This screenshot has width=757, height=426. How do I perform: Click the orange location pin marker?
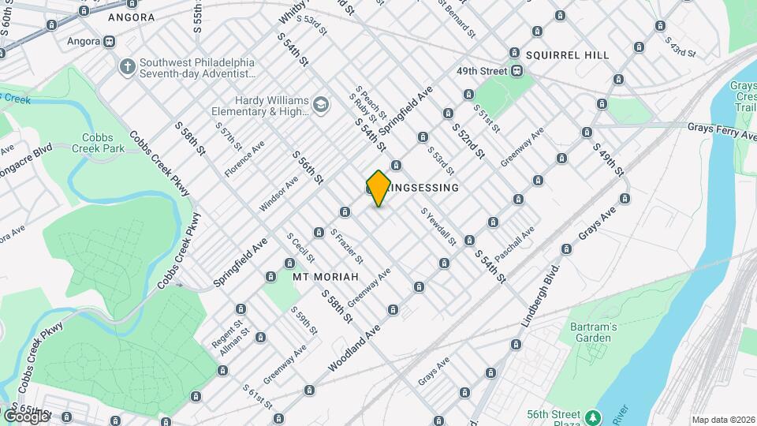click(378, 188)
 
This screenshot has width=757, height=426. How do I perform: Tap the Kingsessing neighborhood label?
click(422, 188)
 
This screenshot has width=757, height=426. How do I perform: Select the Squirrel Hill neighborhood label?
click(567, 55)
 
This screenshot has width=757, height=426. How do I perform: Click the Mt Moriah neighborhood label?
click(326, 277)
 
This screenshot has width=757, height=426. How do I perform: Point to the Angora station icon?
click(109, 41)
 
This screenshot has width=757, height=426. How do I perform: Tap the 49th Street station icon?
click(517, 71)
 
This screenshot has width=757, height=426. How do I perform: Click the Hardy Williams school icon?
click(320, 104)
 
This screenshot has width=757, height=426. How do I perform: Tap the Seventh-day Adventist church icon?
click(127, 66)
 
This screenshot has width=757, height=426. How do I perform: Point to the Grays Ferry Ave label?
click(721, 129)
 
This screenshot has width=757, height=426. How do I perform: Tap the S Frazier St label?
click(347, 247)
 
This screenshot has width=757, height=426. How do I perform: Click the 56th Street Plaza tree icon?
click(591, 416)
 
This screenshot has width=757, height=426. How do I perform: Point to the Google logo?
click(25, 416)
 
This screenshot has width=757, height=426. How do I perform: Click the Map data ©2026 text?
click(723, 420)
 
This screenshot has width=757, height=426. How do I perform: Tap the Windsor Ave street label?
click(279, 194)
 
